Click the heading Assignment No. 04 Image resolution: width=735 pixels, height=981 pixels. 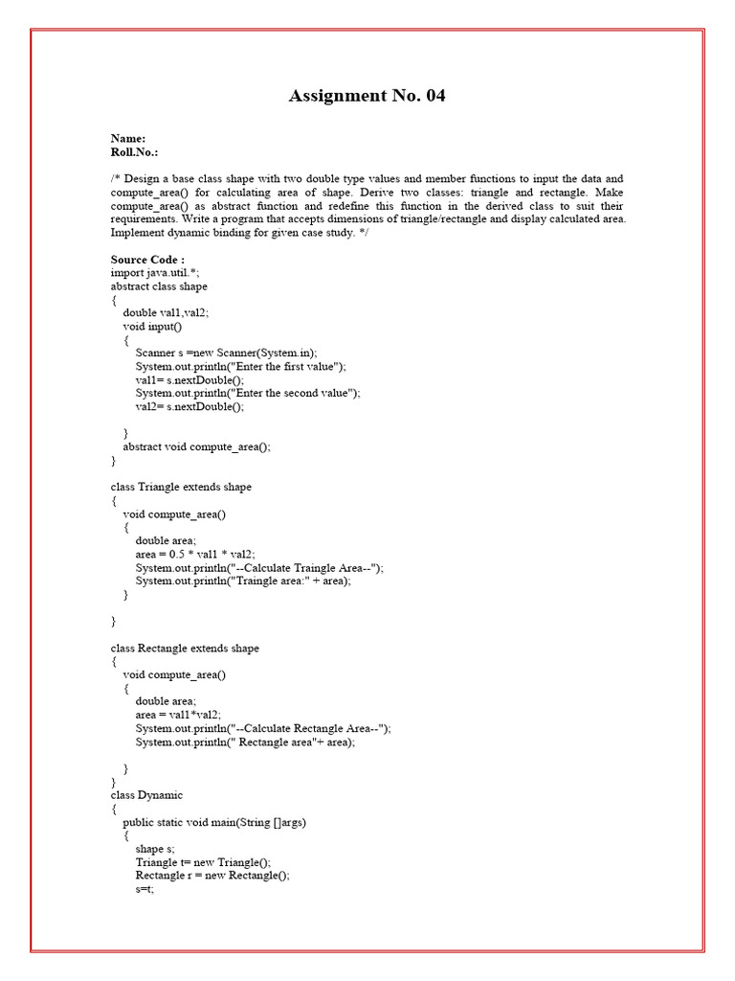[x=367, y=96]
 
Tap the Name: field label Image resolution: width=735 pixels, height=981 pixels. [x=128, y=139]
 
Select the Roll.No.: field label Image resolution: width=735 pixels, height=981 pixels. [x=135, y=152]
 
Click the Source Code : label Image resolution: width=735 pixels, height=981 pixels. [x=147, y=260]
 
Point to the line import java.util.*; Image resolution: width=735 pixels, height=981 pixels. [x=155, y=273]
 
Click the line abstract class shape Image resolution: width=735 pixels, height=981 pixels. [x=159, y=286]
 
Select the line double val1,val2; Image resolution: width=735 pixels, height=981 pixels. [x=166, y=312]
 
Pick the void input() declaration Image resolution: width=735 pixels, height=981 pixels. [x=152, y=326]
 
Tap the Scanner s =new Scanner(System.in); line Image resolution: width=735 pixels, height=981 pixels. [x=226, y=353]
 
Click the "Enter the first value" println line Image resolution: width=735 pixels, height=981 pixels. [x=240, y=366]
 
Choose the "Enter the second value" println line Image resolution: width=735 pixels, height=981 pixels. [x=248, y=393]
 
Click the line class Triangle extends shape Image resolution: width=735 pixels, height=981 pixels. [x=181, y=487]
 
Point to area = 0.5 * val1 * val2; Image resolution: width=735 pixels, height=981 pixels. [x=195, y=554]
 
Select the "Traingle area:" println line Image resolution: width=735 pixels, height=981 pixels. [x=243, y=581]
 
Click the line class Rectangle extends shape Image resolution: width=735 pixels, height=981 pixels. [x=185, y=649]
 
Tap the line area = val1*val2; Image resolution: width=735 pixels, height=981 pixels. [x=178, y=715]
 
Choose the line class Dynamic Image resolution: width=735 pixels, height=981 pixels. [x=146, y=795]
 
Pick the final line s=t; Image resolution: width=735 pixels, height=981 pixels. [x=145, y=889]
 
